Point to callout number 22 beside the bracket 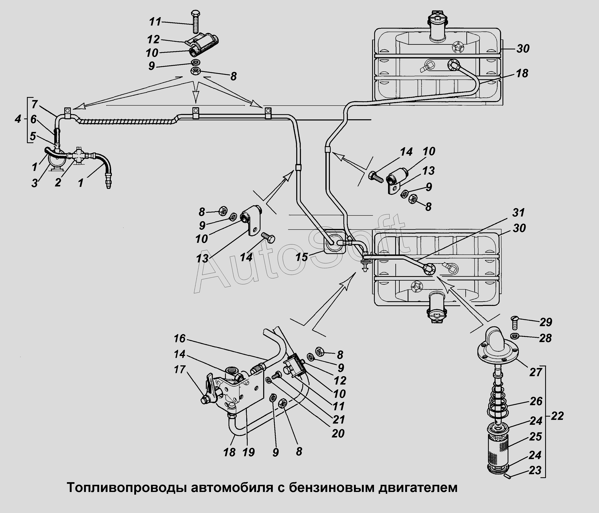[557, 416]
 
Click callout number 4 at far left [18, 119]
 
